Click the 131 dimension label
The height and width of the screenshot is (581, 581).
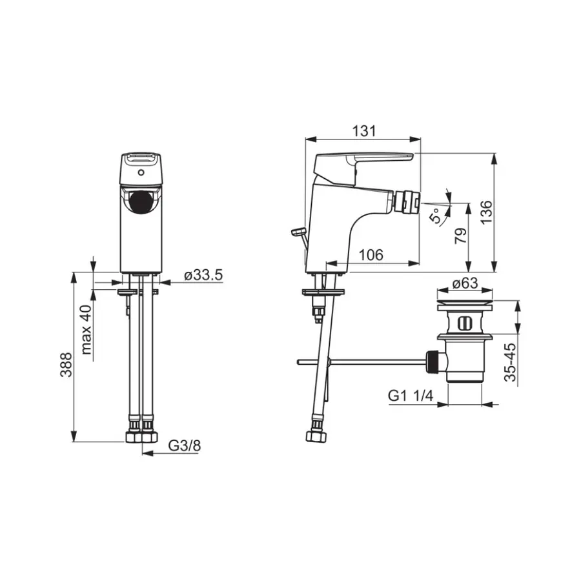pyautogui.click(x=363, y=131)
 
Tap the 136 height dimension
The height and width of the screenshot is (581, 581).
pyautogui.click(x=486, y=212)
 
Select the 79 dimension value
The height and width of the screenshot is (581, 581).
pyautogui.click(x=460, y=236)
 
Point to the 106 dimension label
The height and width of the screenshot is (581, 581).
pyautogui.click(x=371, y=255)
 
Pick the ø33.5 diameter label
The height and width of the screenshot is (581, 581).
pyautogui.click(x=203, y=275)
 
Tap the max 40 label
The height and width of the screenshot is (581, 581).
pyautogui.click(x=87, y=330)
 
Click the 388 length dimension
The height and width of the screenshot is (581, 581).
pyautogui.click(x=66, y=365)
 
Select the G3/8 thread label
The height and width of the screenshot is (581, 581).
pyautogui.click(x=184, y=445)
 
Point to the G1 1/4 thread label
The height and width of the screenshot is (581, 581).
pyautogui.click(x=411, y=396)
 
